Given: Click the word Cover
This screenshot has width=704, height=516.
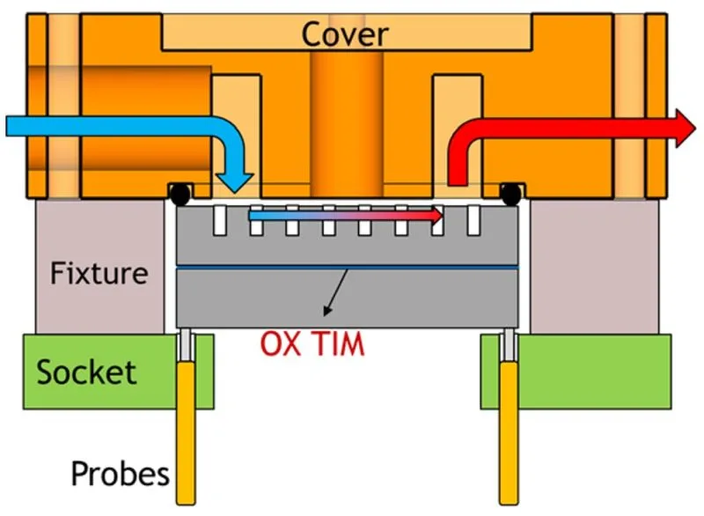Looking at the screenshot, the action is (344, 34).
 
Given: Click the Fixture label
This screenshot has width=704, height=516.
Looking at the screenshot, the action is (99, 273).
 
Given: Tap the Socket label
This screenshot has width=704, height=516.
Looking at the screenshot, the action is (86, 372).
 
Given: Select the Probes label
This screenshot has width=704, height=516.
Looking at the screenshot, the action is (121, 474).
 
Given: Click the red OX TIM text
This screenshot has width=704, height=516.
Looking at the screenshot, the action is (312, 344).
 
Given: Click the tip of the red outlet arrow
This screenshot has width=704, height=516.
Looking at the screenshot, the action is (695, 128).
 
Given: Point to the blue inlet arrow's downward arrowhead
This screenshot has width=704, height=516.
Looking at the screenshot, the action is (235, 183).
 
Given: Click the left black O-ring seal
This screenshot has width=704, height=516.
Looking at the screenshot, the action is (180, 194).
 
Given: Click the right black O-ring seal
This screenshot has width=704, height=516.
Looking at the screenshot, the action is (511, 194).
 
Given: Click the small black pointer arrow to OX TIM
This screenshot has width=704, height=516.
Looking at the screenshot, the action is (335, 292).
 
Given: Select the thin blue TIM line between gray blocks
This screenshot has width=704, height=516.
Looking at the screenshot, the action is (347, 268).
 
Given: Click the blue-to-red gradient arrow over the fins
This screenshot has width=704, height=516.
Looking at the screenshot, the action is (346, 216).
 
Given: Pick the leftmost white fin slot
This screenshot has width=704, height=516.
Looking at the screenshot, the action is (220, 220).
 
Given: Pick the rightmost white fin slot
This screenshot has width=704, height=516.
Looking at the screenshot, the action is (473, 220).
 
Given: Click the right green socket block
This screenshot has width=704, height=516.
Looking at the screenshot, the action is (576, 372).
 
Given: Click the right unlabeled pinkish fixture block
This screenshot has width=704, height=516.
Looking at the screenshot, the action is (595, 267).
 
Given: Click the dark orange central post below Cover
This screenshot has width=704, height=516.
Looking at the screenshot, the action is (347, 124).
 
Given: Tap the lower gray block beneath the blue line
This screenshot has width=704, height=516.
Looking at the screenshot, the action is (347, 299).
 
